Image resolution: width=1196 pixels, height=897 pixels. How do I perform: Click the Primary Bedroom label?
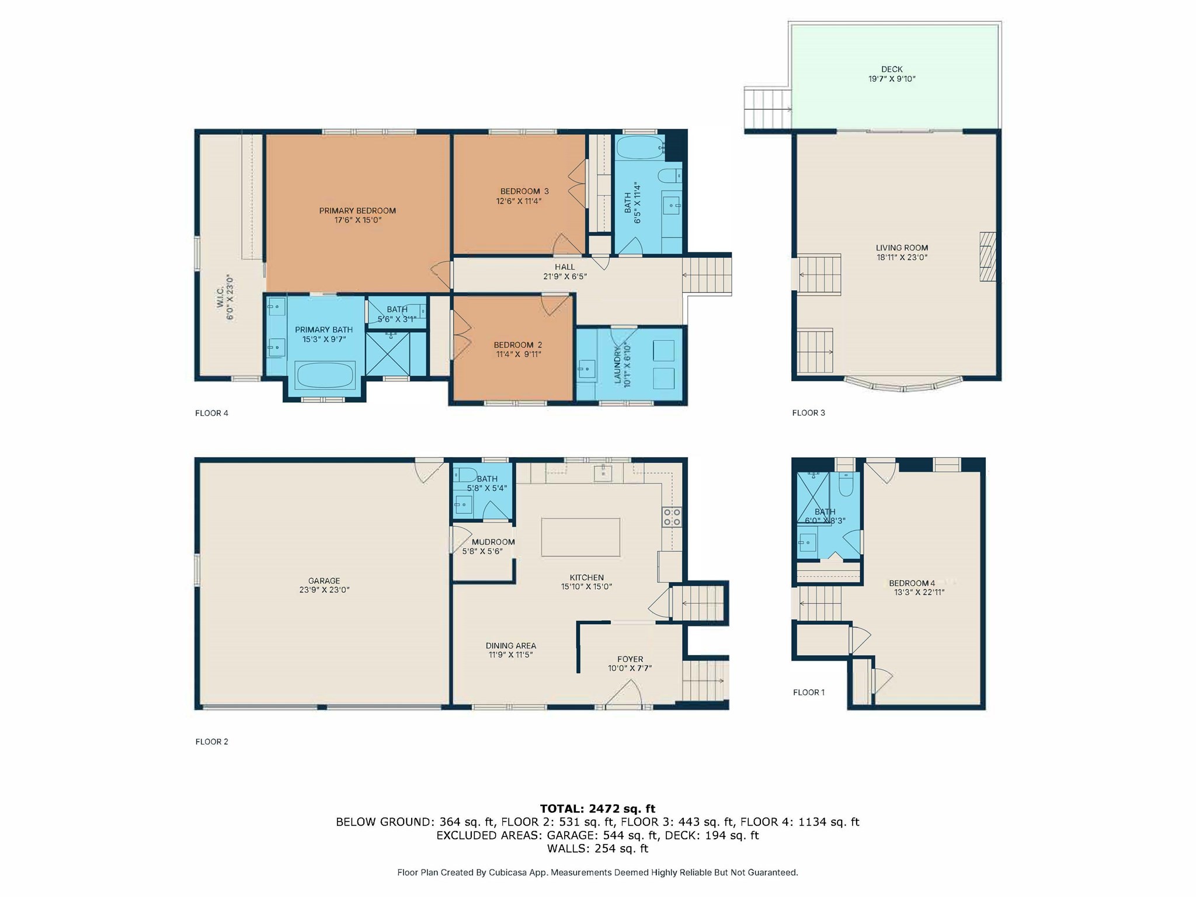[357, 211]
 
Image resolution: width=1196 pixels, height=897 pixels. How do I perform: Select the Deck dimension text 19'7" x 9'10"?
[892, 79]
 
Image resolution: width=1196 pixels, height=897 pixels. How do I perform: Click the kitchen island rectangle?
[580, 537]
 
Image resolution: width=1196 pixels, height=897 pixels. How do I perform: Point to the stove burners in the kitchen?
[671, 517]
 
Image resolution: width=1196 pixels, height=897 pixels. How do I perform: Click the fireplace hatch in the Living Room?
[987, 257]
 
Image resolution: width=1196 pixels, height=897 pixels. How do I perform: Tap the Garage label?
[324, 580]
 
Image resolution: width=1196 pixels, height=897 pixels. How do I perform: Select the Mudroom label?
[493, 542]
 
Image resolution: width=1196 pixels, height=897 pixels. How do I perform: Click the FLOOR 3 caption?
[808, 413]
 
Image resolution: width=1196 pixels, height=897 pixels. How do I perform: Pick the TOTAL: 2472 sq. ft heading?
[597, 809]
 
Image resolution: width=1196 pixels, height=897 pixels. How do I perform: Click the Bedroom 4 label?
[912, 583]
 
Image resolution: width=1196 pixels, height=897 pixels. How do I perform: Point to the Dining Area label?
[510, 645]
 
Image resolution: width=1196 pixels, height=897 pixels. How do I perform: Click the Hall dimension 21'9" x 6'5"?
[565, 277]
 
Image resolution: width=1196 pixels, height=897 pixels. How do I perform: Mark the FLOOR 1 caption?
[808, 693]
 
